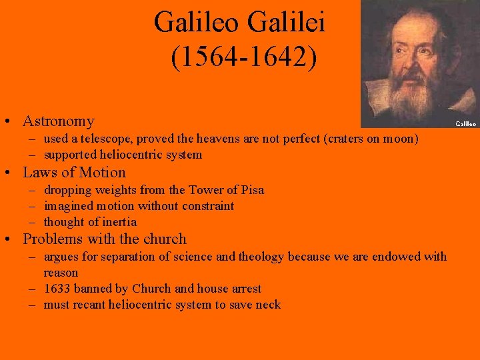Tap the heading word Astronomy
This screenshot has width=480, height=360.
tap(58, 121)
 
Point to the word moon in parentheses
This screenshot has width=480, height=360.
tap(399, 139)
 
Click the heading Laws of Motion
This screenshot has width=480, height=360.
tap(74, 172)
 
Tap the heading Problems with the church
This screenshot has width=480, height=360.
tap(105, 239)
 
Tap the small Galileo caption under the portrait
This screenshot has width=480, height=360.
tap(465, 123)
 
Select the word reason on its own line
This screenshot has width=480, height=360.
tap(61, 273)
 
